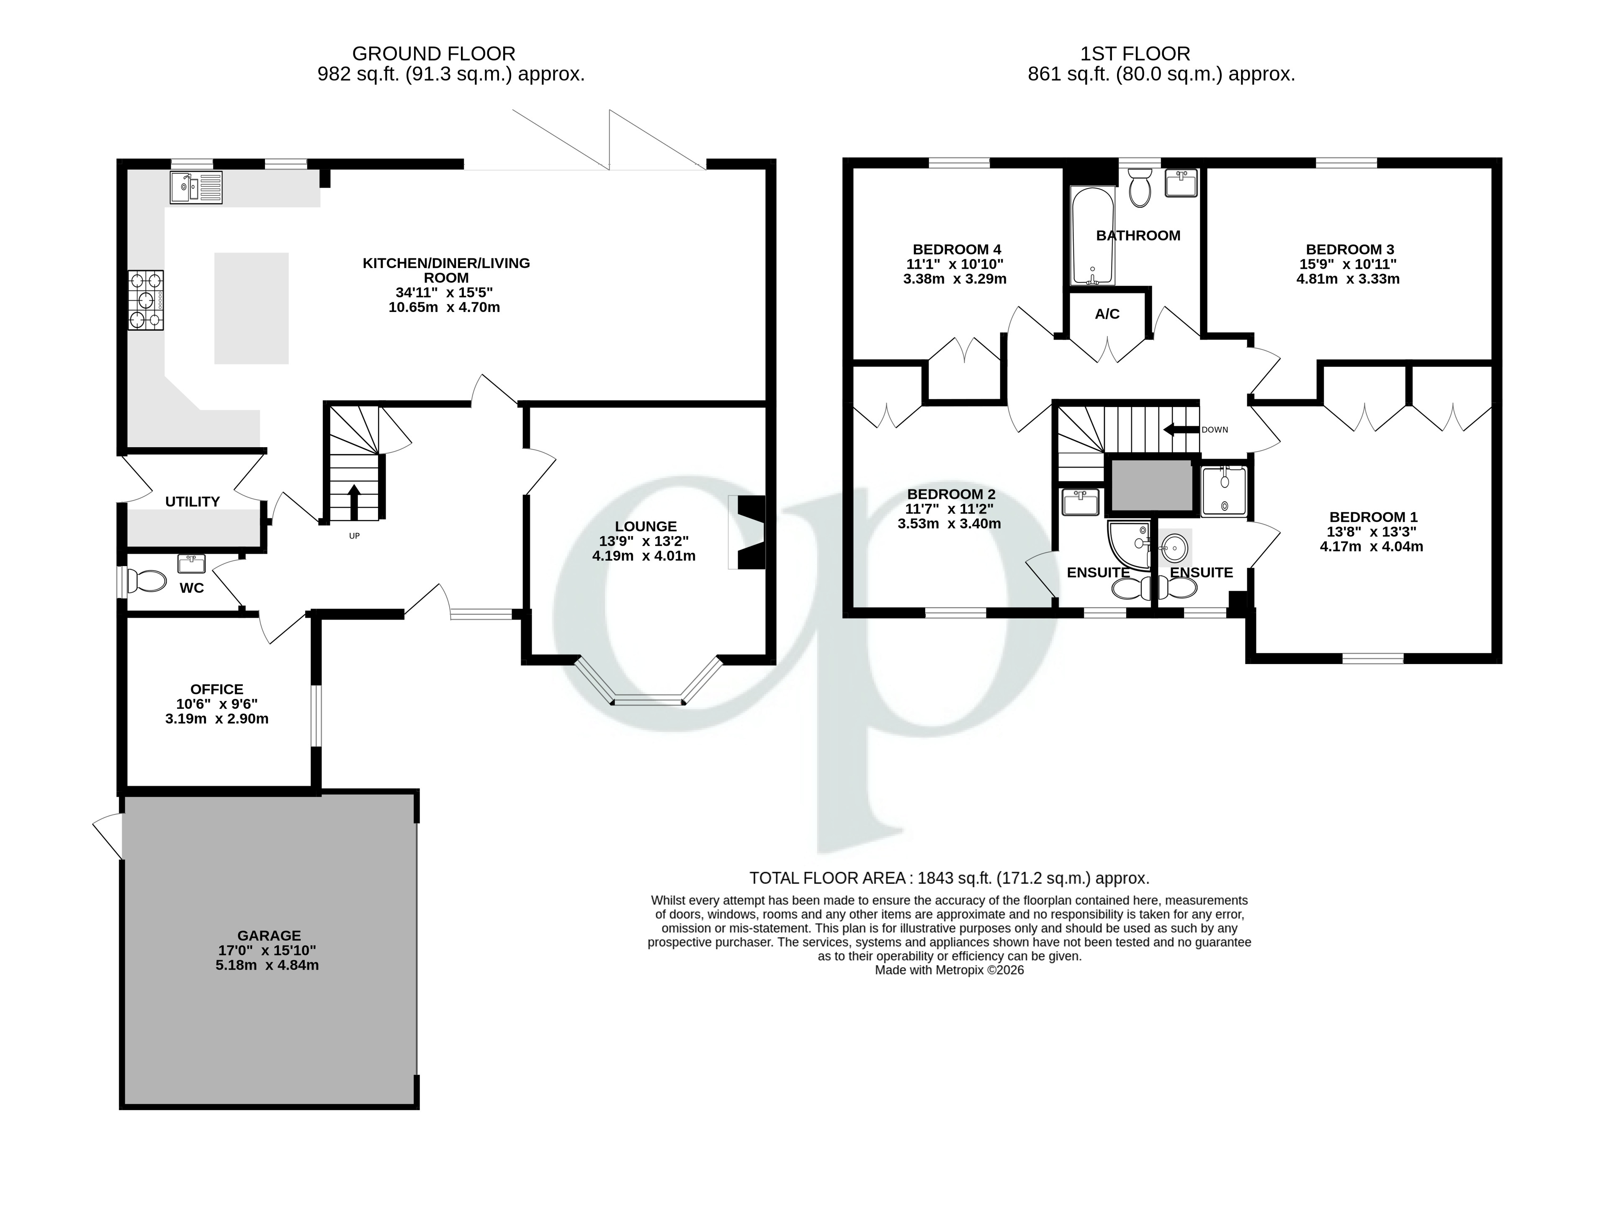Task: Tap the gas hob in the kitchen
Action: pyautogui.click(x=146, y=300)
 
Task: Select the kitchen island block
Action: pyautogui.click(x=251, y=308)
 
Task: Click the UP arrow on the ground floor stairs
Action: pyautogui.click(x=354, y=501)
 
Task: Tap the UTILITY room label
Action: pyautogui.click(x=193, y=501)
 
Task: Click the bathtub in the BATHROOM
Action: pyautogui.click(x=1093, y=235)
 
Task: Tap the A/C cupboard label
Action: pyautogui.click(x=1107, y=314)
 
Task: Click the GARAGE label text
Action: pyautogui.click(x=269, y=935)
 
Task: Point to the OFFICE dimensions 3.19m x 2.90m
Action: pyautogui.click(x=216, y=719)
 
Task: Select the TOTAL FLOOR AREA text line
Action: pyautogui.click(x=949, y=879)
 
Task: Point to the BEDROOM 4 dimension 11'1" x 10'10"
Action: pyautogui.click(x=955, y=264)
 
